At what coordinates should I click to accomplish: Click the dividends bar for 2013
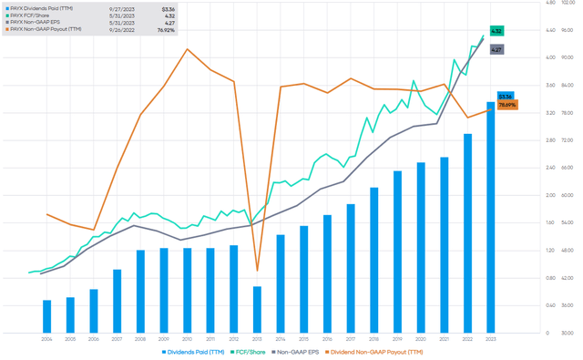tap(257, 309)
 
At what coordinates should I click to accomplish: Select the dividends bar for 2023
tap(490, 219)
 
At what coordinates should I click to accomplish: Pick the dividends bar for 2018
tap(373, 260)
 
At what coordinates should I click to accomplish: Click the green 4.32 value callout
tap(496, 31)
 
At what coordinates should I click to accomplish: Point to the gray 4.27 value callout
tap(496, 49)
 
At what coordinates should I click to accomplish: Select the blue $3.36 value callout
tap(506, 96)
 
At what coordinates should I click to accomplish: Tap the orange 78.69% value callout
tap(507, 106)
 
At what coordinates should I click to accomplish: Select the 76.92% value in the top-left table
tap(165, 29)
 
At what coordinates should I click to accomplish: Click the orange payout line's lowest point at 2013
tap(257, 271)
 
